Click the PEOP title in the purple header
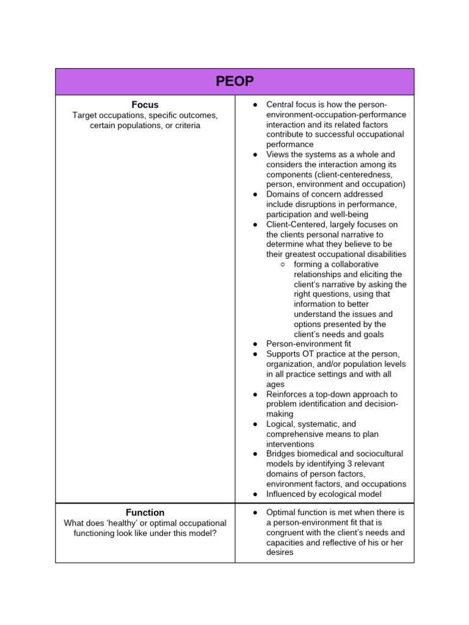point(234,82)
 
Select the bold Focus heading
point(145,105)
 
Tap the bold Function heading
point(145,513)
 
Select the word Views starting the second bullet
point(278,154)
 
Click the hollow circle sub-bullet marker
point(282,264)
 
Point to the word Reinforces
point(287,394)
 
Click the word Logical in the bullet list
point(281,424)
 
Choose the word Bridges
point(282,454)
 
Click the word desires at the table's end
point(280,552)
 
